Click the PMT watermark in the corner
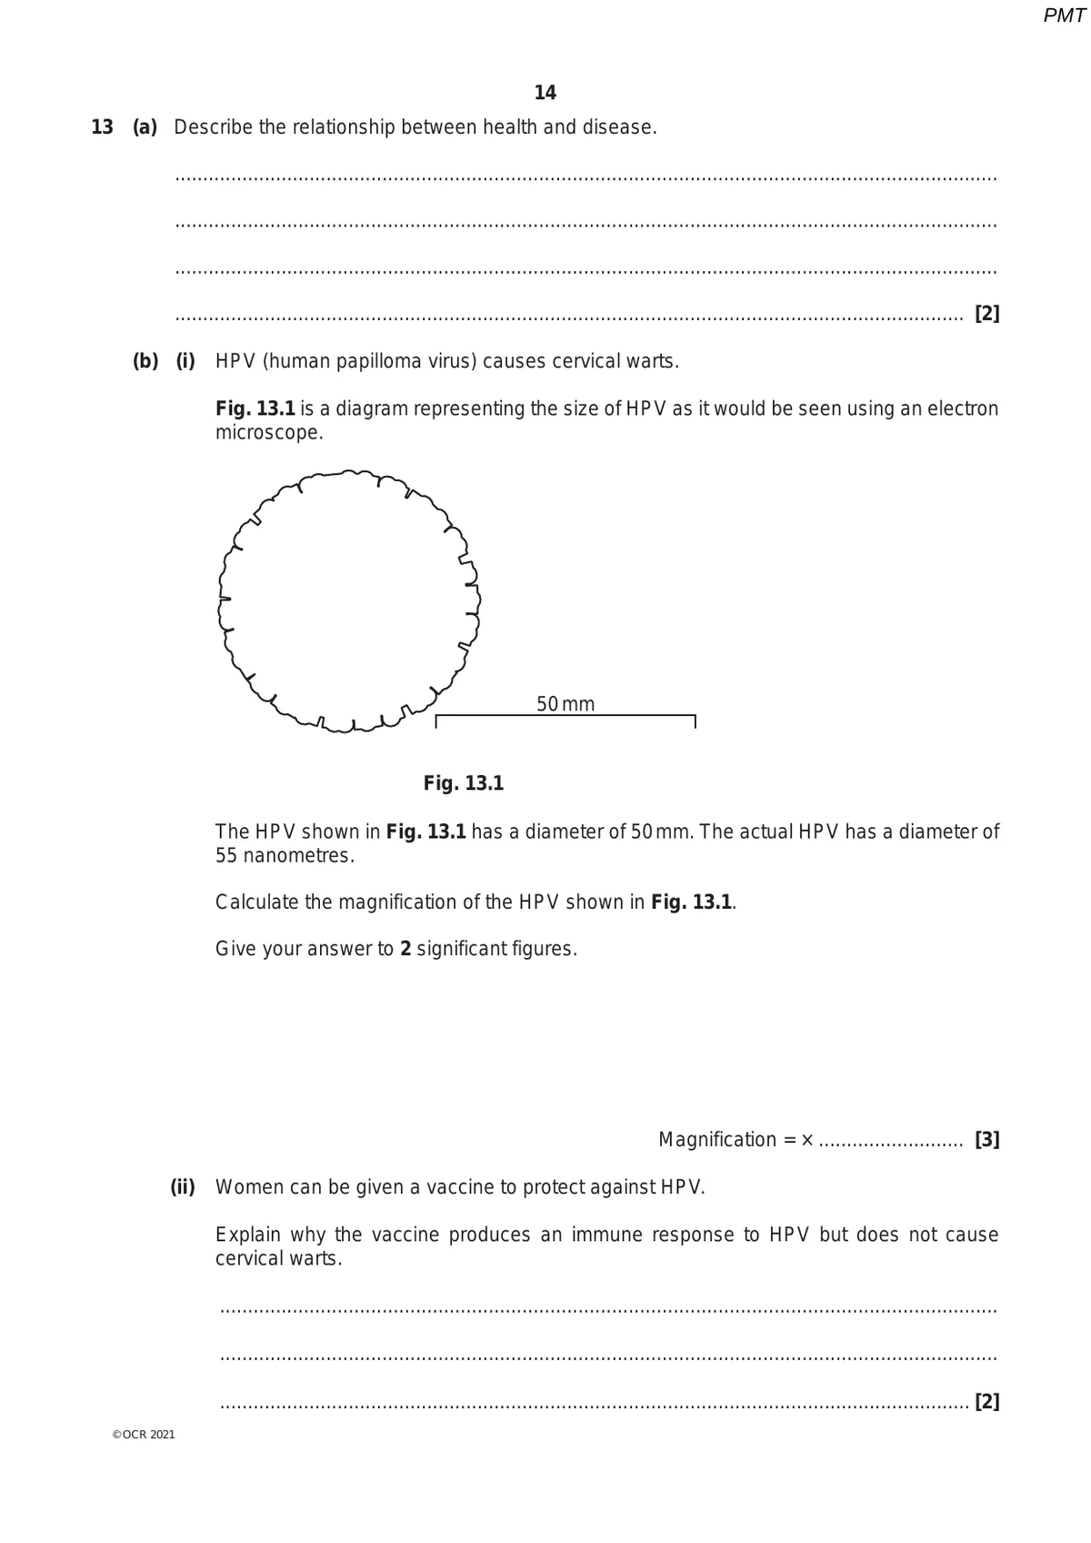1064,16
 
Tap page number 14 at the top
545,93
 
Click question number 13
102,127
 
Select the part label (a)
145,127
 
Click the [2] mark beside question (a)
986,314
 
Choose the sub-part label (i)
185,361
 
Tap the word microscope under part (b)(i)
268,433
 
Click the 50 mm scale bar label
566,704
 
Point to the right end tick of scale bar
695,721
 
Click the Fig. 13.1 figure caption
464,783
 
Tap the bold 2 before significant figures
405,949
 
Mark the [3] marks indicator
986,1140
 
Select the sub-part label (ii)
183,1187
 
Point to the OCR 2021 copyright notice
144,1435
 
